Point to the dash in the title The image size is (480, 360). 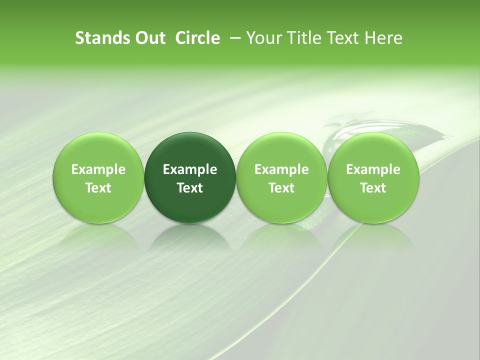coord(233,38)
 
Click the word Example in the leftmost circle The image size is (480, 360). coord(98,169)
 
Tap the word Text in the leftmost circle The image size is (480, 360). coord(98,188)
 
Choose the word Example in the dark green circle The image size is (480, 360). coord(190,169)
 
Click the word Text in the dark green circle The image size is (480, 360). coord(190,188)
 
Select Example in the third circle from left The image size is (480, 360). coord(281,169)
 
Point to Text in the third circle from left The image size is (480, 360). coord(281,188)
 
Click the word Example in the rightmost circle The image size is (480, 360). coord(373,169)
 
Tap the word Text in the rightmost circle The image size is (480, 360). coord(373,188)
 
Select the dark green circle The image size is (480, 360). coord(190,150)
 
